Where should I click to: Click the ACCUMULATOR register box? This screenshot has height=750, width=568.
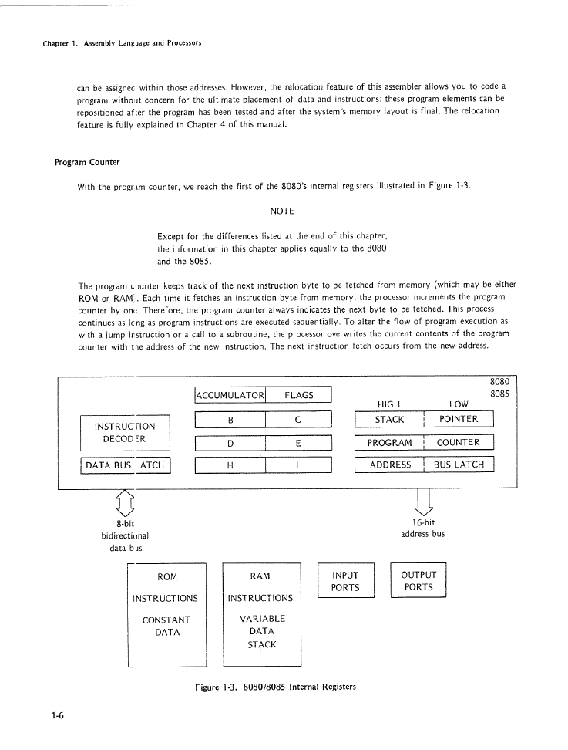tap(230, 395)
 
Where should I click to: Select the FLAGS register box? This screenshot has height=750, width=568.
tap(298, 395)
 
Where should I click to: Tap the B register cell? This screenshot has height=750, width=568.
tap(230, 420)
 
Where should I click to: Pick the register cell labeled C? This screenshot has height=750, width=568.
tap(297, 420)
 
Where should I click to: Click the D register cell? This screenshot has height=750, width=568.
tap(230, 443)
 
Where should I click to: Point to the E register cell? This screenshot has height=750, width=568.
tap(297, 443)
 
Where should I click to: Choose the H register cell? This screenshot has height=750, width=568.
tap(230, 465)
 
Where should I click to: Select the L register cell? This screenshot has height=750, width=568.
tap(297, 465)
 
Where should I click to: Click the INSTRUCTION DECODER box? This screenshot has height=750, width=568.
tap(124, 433)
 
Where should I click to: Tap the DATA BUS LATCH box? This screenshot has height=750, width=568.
tap(125, 465)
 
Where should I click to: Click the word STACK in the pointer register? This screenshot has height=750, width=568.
tap(389, 420)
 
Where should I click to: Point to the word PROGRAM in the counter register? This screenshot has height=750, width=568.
tap(389, 443)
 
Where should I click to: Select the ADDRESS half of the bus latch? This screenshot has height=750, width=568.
tap(389, 465)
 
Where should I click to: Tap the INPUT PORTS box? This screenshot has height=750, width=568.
tap(344, 581)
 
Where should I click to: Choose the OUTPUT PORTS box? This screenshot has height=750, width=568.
tap(418, 581)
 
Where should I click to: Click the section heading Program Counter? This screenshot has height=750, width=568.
tap(86, 163)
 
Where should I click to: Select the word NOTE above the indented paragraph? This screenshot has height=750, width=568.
tap(283, 211)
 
